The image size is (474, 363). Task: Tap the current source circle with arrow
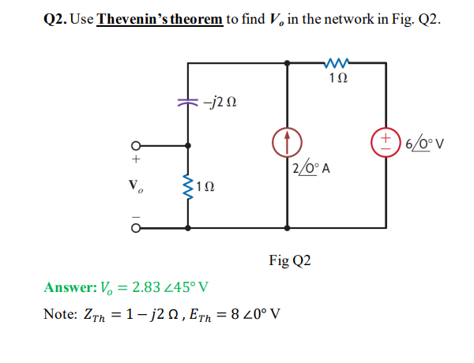coord(286,144)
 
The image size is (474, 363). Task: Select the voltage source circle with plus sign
coord(386,144)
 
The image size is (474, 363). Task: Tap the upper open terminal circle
coord(136,145)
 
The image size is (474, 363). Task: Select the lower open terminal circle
coord(136,227)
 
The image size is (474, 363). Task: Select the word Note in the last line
coord(58,313)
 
